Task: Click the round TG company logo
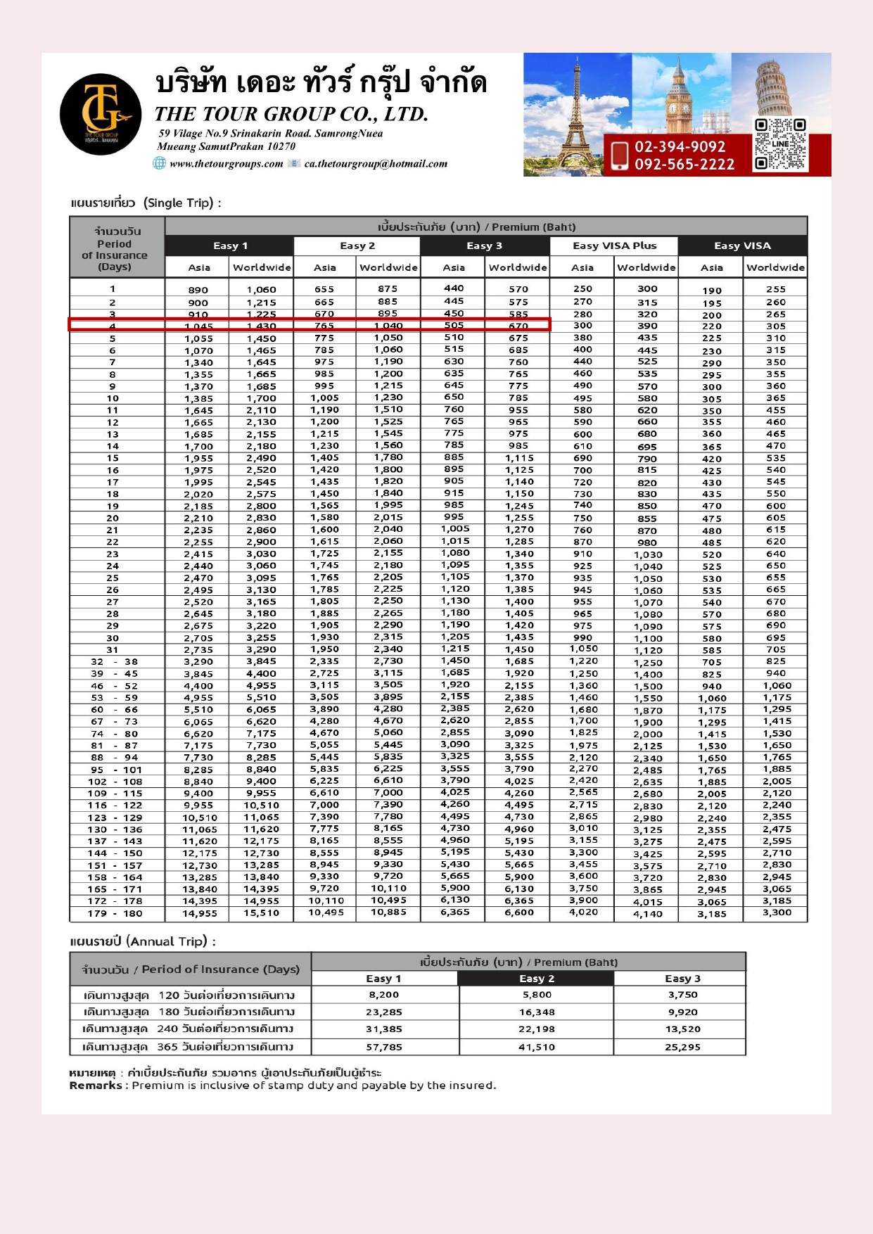101,114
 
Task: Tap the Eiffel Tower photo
576,113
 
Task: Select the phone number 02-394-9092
680,147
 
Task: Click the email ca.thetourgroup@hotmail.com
376,164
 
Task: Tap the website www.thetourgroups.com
226,164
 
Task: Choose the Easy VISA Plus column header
614,246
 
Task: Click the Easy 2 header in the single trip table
357,246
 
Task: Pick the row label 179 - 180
117,913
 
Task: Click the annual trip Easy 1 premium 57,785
384,1047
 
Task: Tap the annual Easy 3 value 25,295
682,1047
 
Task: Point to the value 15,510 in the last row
261,913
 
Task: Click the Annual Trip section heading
143,941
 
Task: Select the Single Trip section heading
146,203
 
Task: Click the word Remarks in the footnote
96,1086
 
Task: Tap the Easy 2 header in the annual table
537,979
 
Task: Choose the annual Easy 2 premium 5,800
537,995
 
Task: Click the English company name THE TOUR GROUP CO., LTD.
291,114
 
